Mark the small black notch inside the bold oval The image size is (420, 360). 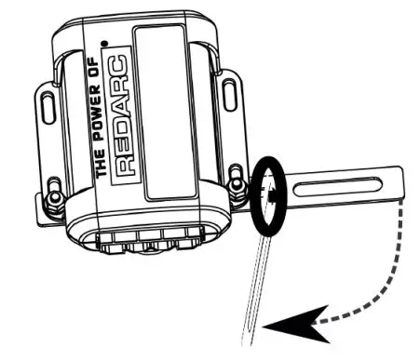(269, 196)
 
